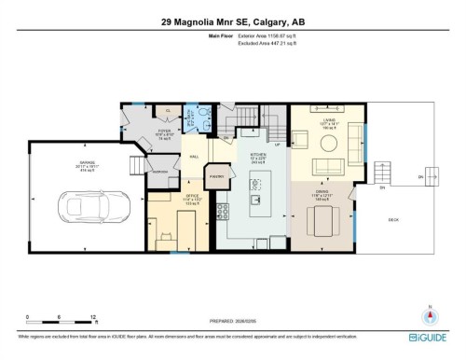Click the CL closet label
click(168, 110)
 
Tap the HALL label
click(194, 157)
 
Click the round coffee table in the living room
click(328, 143)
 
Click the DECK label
click(392, 220)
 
